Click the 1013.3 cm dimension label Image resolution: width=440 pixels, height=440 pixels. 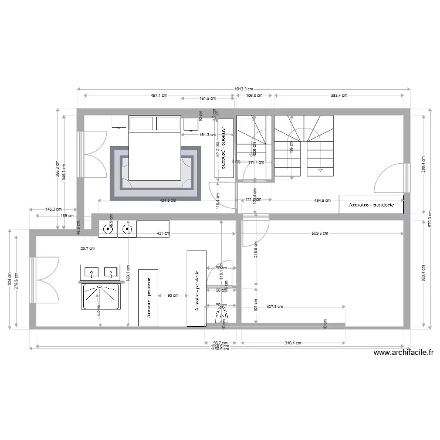(x=244, y=89)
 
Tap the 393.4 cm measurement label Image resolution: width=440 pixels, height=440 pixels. (x=339, y=95)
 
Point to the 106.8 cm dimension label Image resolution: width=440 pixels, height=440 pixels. (x=254, y=95)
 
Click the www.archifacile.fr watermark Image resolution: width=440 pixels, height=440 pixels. (x=404, y=353)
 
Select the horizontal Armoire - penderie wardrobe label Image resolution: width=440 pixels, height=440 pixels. (x=372, y=205)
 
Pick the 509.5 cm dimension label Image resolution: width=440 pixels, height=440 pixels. (x=320, y=233)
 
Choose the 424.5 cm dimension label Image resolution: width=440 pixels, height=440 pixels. (x=168, y=200)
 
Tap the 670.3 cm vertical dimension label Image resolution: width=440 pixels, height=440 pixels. (x=430, y=212)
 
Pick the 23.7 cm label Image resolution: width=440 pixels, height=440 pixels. (x=87, y=248)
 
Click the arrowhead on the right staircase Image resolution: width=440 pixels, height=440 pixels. (x=320, y=170)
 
